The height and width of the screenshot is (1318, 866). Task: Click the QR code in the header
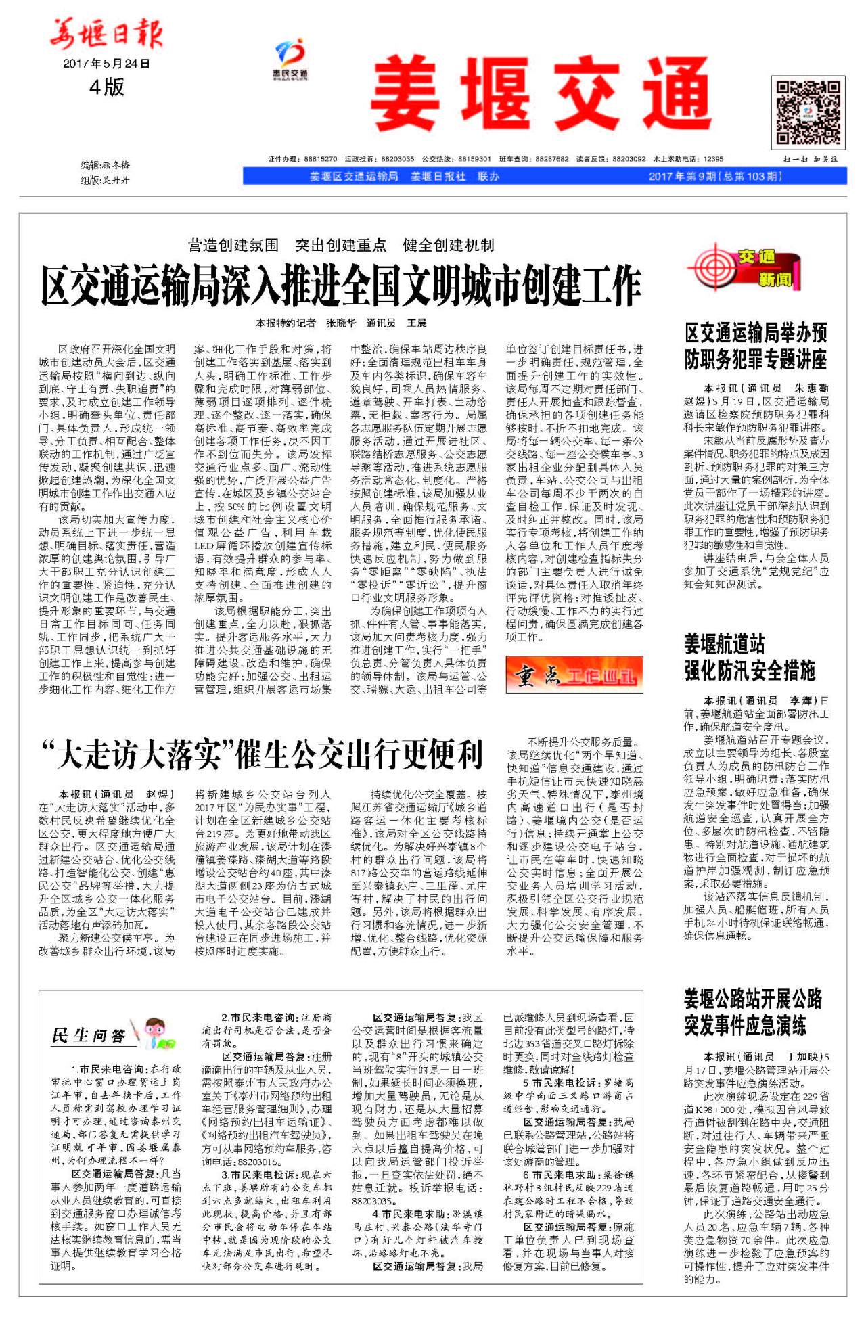click(x=808, y=113)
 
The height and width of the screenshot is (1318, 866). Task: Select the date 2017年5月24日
click(x=106, y=64)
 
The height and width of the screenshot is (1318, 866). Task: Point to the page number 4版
click(x=107, y=87)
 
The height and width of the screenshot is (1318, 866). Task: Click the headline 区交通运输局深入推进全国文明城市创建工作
click(x=340, y=286)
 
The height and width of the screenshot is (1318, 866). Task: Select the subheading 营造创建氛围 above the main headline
click(x=233, y=245)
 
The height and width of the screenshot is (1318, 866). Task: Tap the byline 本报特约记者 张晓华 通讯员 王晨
click(x=341, y=323)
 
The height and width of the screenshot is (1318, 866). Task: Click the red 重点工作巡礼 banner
click(x=574, y=675)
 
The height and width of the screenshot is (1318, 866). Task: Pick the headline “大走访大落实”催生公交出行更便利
click(x=263, y=754)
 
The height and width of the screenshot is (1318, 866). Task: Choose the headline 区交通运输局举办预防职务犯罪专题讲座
click(x=756, y=346)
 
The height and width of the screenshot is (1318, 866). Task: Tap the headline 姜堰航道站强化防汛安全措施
click(x=750, y=657)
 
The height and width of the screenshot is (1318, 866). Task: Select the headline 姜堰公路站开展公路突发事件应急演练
click(x=752, y=1012)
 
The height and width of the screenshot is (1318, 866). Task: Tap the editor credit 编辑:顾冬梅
click(x=105, y=165)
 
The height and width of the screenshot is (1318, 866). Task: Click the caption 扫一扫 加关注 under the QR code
click(x=811, y=159)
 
